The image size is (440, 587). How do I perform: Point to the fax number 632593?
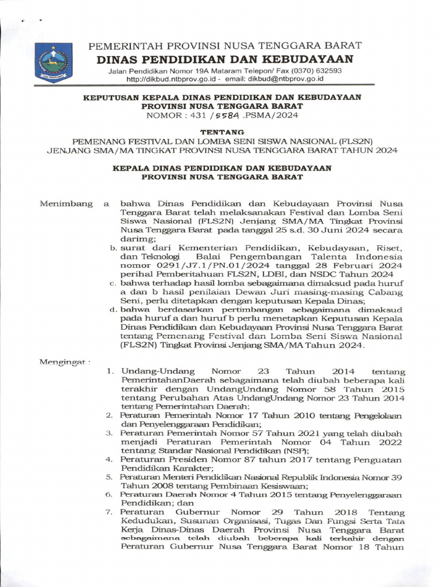pyautogui.click(x=328, y=71)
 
